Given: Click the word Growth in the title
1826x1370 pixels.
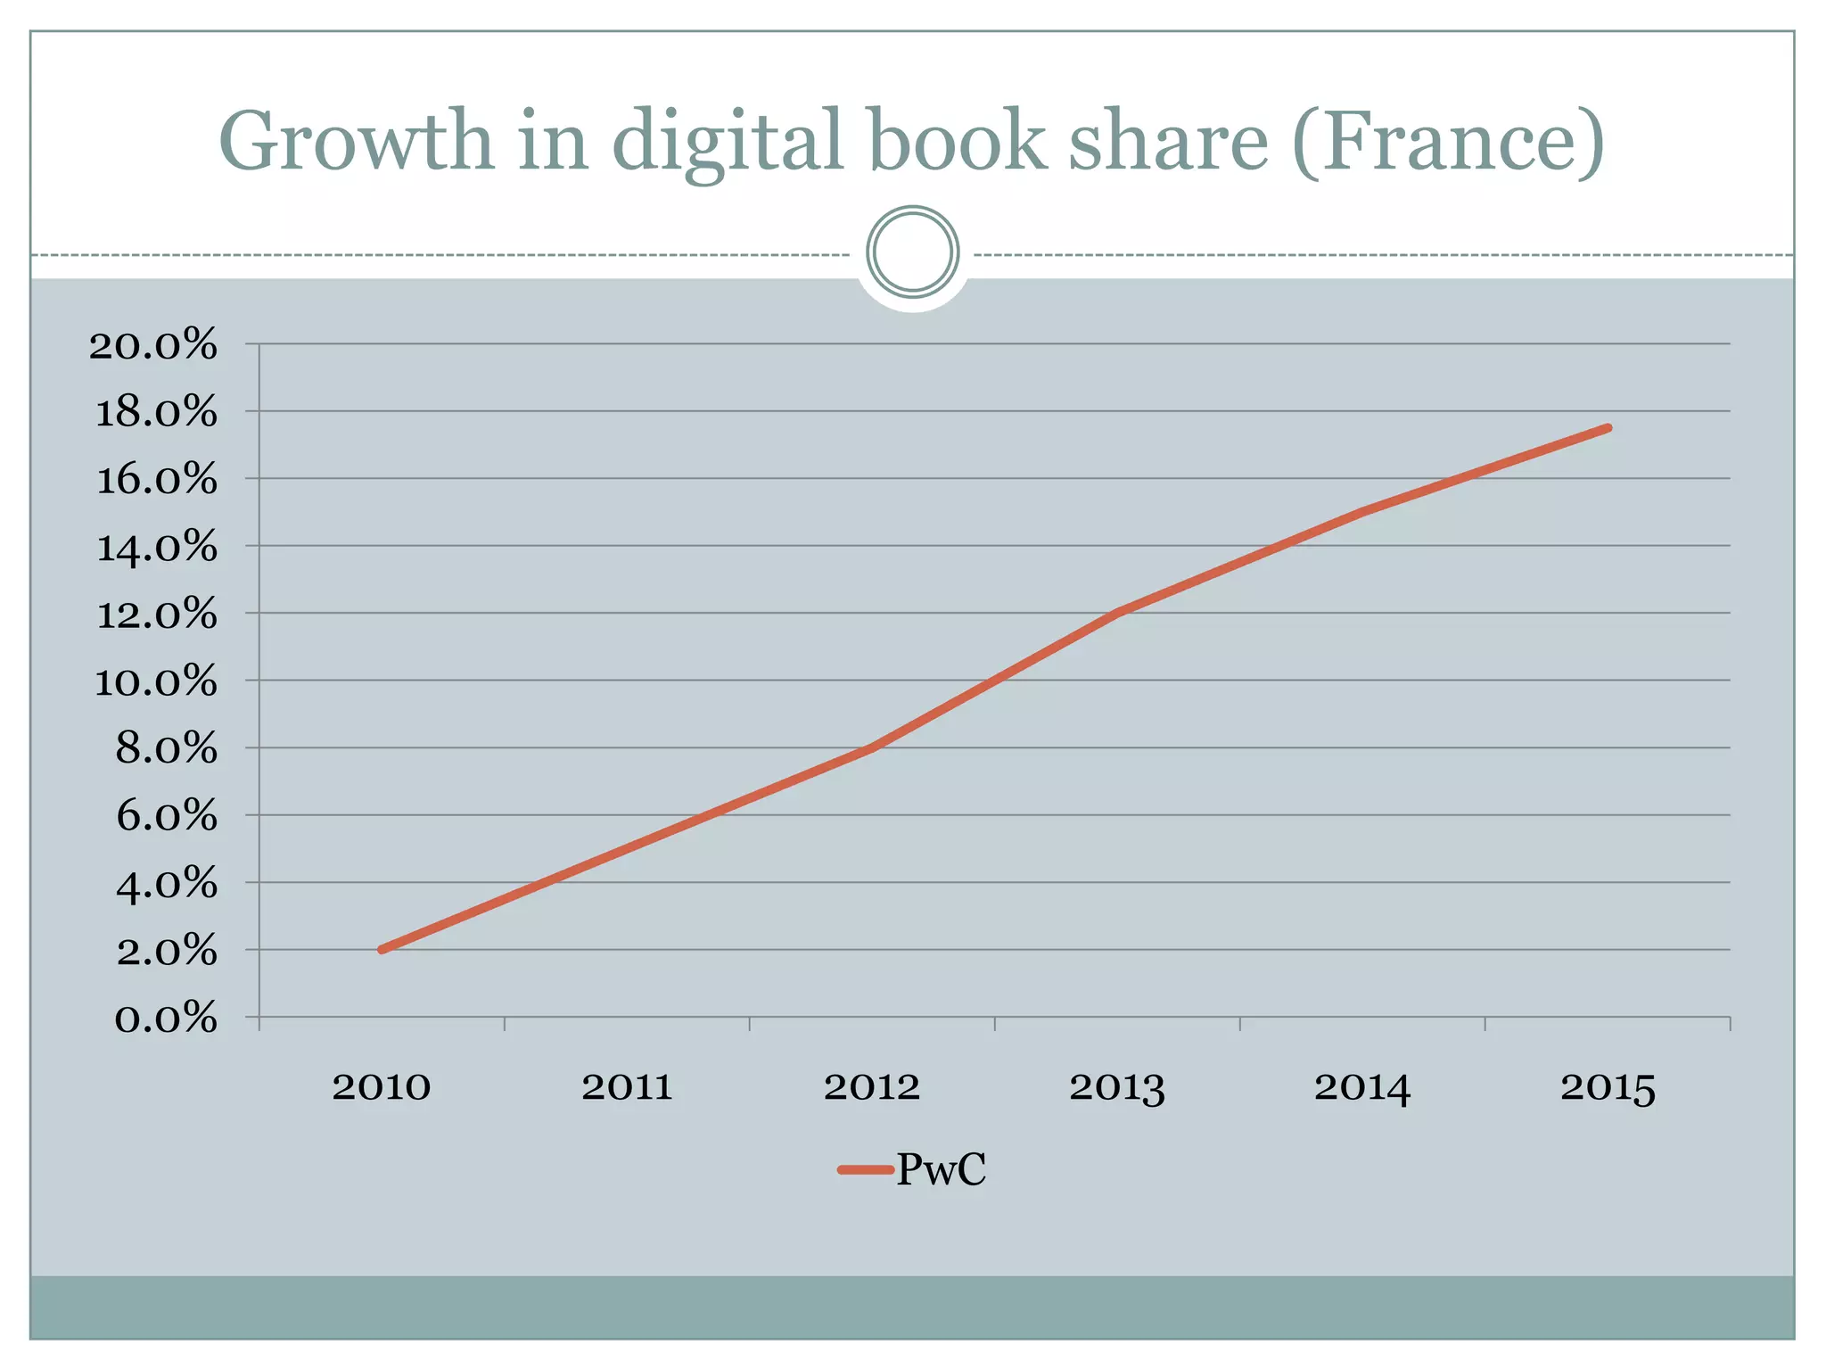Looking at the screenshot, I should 356,141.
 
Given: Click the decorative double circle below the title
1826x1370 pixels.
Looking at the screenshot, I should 912,252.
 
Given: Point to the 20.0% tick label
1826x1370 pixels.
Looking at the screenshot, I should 153,344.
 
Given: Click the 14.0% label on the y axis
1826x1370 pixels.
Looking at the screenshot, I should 156,547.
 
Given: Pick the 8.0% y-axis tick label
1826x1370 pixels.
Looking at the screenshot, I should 166,748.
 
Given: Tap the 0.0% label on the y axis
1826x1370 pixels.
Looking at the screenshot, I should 166,1018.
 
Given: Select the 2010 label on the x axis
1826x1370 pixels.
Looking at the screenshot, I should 382,1087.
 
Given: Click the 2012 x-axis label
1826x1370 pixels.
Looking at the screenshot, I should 872,1087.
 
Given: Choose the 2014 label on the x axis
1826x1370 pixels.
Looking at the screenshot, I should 1362,1087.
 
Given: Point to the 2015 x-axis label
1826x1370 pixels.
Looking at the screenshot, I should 1608,1087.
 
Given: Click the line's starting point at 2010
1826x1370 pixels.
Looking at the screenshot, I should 382,950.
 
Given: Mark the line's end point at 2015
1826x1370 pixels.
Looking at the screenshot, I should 1608,428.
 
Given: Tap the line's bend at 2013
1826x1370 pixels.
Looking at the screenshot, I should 1117,613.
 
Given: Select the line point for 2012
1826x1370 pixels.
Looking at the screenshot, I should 872,747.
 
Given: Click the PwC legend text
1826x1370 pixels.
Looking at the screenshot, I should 941,1169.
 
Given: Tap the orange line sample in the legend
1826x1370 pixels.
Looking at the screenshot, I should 865,1169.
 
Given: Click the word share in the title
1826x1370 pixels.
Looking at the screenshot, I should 1168,141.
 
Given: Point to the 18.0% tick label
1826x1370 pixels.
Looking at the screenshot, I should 156,412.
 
